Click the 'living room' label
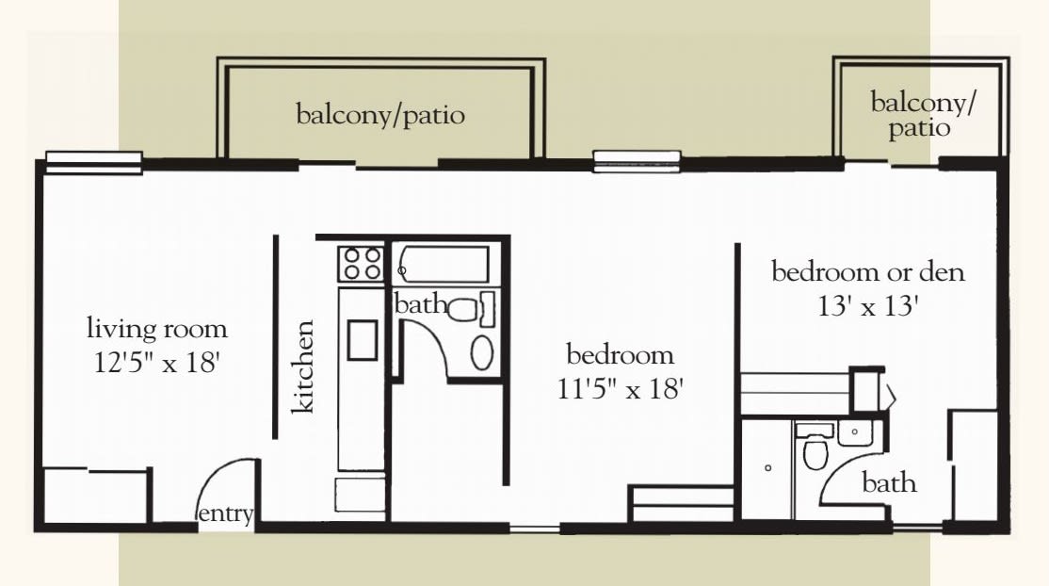(x=157, y=329)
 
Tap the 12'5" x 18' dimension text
(x=157, y=363)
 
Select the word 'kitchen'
(x=302, y=366)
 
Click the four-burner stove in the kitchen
(x=361, y=263)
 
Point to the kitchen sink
(x=363, y=339)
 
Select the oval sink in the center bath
(x=482, y=353)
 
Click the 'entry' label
(x=225, y=513)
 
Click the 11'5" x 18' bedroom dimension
(x=621, y=388)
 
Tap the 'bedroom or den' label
(x=868, y=272)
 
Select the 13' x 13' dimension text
(x=867, y=306)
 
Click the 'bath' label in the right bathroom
(x=889, y=482)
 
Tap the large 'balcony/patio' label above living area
(x=380, y=115)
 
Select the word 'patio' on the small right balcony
(x=919, y=127)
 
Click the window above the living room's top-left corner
(x=93, y=163)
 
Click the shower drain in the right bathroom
(x=768, y=467)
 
